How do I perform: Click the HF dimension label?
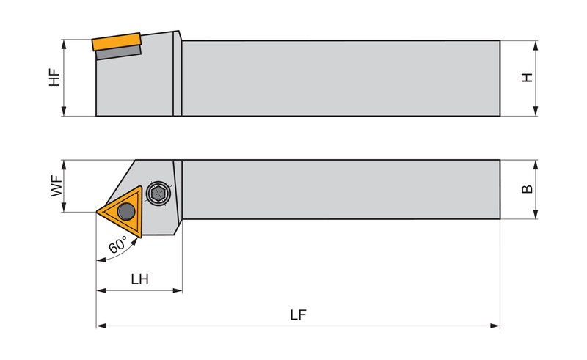click(54, 78)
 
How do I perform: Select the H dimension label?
click(527, 78)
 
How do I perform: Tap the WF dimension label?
click(57, 186)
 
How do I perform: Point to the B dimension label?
click(527, 189)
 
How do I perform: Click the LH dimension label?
click(139, 279)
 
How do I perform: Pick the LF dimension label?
click(298, 315)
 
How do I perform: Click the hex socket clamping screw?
click(158, 193)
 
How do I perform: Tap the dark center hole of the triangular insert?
click(126, 211)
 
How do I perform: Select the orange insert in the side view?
click(117, 42)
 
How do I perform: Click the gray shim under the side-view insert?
click(119, 52)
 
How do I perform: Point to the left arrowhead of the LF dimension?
click(101, 326)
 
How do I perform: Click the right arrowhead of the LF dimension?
click(495, 326)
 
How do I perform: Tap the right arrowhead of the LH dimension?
click(178, 290)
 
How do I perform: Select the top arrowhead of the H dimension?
click(536, 45)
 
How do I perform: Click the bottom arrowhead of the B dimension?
click(536, 213)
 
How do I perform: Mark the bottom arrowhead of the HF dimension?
click(64, 111)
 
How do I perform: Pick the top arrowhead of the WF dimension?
click(64, 165)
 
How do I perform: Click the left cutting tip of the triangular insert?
click(97, 212)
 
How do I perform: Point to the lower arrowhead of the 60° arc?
click(101, 260)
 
